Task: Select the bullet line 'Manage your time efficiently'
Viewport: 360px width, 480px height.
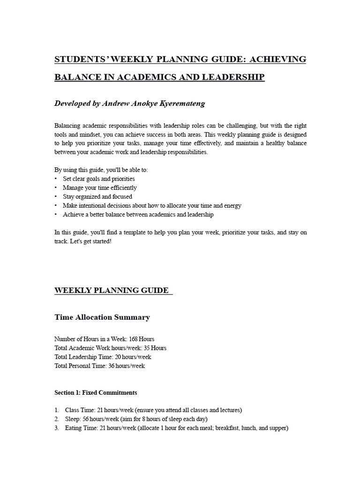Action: [100, 187]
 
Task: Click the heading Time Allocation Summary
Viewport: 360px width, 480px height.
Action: [102, 317]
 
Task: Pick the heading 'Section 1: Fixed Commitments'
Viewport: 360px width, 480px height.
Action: [96, 392]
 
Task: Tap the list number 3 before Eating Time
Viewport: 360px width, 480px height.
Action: [56, 428]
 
